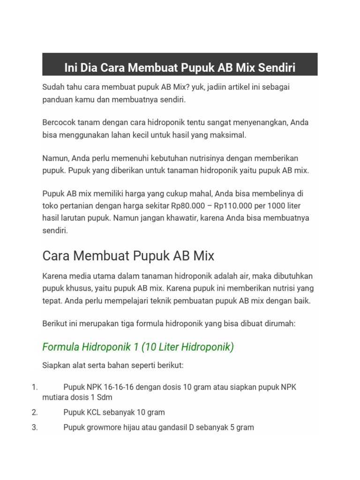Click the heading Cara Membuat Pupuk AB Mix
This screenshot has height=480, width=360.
(x=128, y=256)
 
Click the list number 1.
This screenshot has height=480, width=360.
(x=34, y=387)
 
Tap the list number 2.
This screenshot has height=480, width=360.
(x=34, y=412)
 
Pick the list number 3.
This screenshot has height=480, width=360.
(x=34, y=427)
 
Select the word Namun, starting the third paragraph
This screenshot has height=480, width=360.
(x=55, y=158)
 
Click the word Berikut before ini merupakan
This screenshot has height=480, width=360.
(x=55, y=324)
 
